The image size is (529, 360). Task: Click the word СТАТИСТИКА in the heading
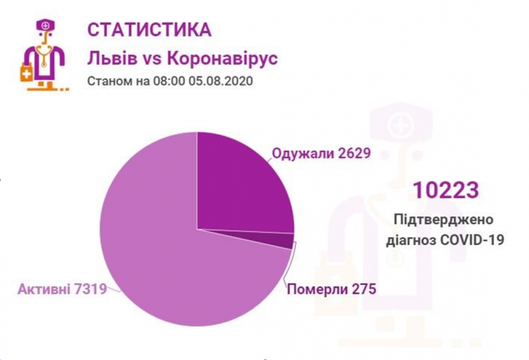point(149,31)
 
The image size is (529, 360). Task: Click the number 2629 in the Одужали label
point(352,153)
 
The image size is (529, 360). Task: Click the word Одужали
point(302,153)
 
